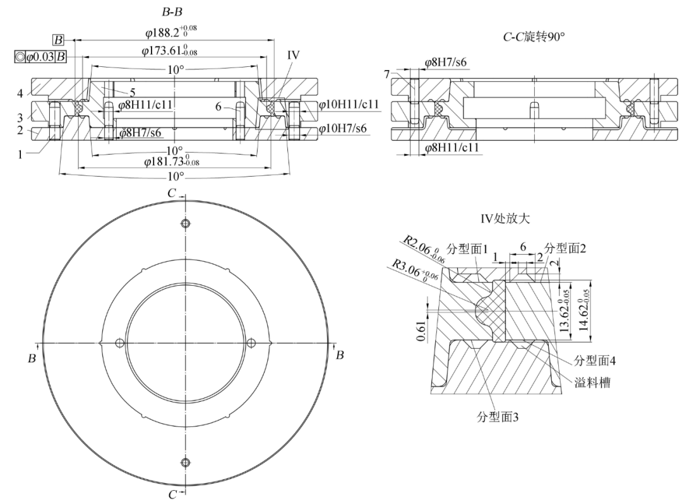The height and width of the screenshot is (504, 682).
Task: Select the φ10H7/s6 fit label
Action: tap(344, 129)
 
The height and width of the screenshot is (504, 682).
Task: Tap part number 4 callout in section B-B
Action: tap(20, 93)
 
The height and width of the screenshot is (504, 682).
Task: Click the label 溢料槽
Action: tap(592, 382)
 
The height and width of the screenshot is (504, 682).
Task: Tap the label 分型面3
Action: tap(500, 419)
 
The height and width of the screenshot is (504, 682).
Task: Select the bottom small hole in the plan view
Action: tap(185, 462)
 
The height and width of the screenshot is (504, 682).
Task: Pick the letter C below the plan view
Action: tap(172, 495)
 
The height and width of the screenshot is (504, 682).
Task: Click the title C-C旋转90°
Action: tap(534, 37)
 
